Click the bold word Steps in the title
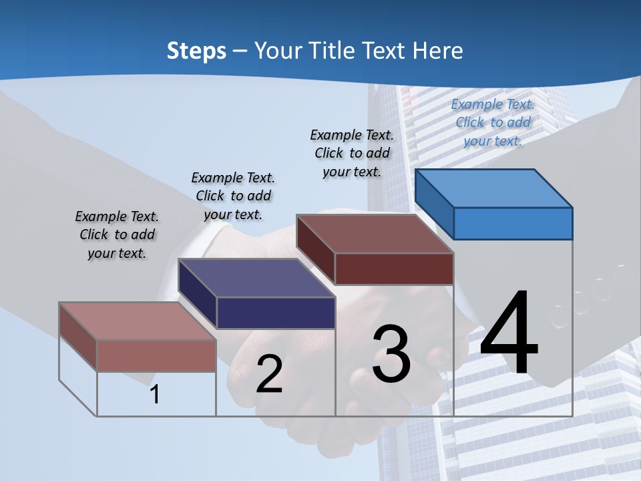tap(196, 51)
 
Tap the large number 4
tap(509, 334)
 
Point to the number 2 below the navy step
tap(269, 374)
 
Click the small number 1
tap(155, 394)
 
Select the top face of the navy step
tap(256, 277)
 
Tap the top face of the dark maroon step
tap(375, 234)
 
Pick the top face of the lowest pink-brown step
tap(137, 321)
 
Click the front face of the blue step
tap(513, 223)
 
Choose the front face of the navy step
tap(276, 313)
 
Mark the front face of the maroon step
tap(394, 269)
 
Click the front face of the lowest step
tap(156, 355)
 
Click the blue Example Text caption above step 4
tap(493, 122)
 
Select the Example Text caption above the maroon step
tap(352, 153)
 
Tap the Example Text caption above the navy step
tap(233, 196)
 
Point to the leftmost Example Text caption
tap(117, 234)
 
